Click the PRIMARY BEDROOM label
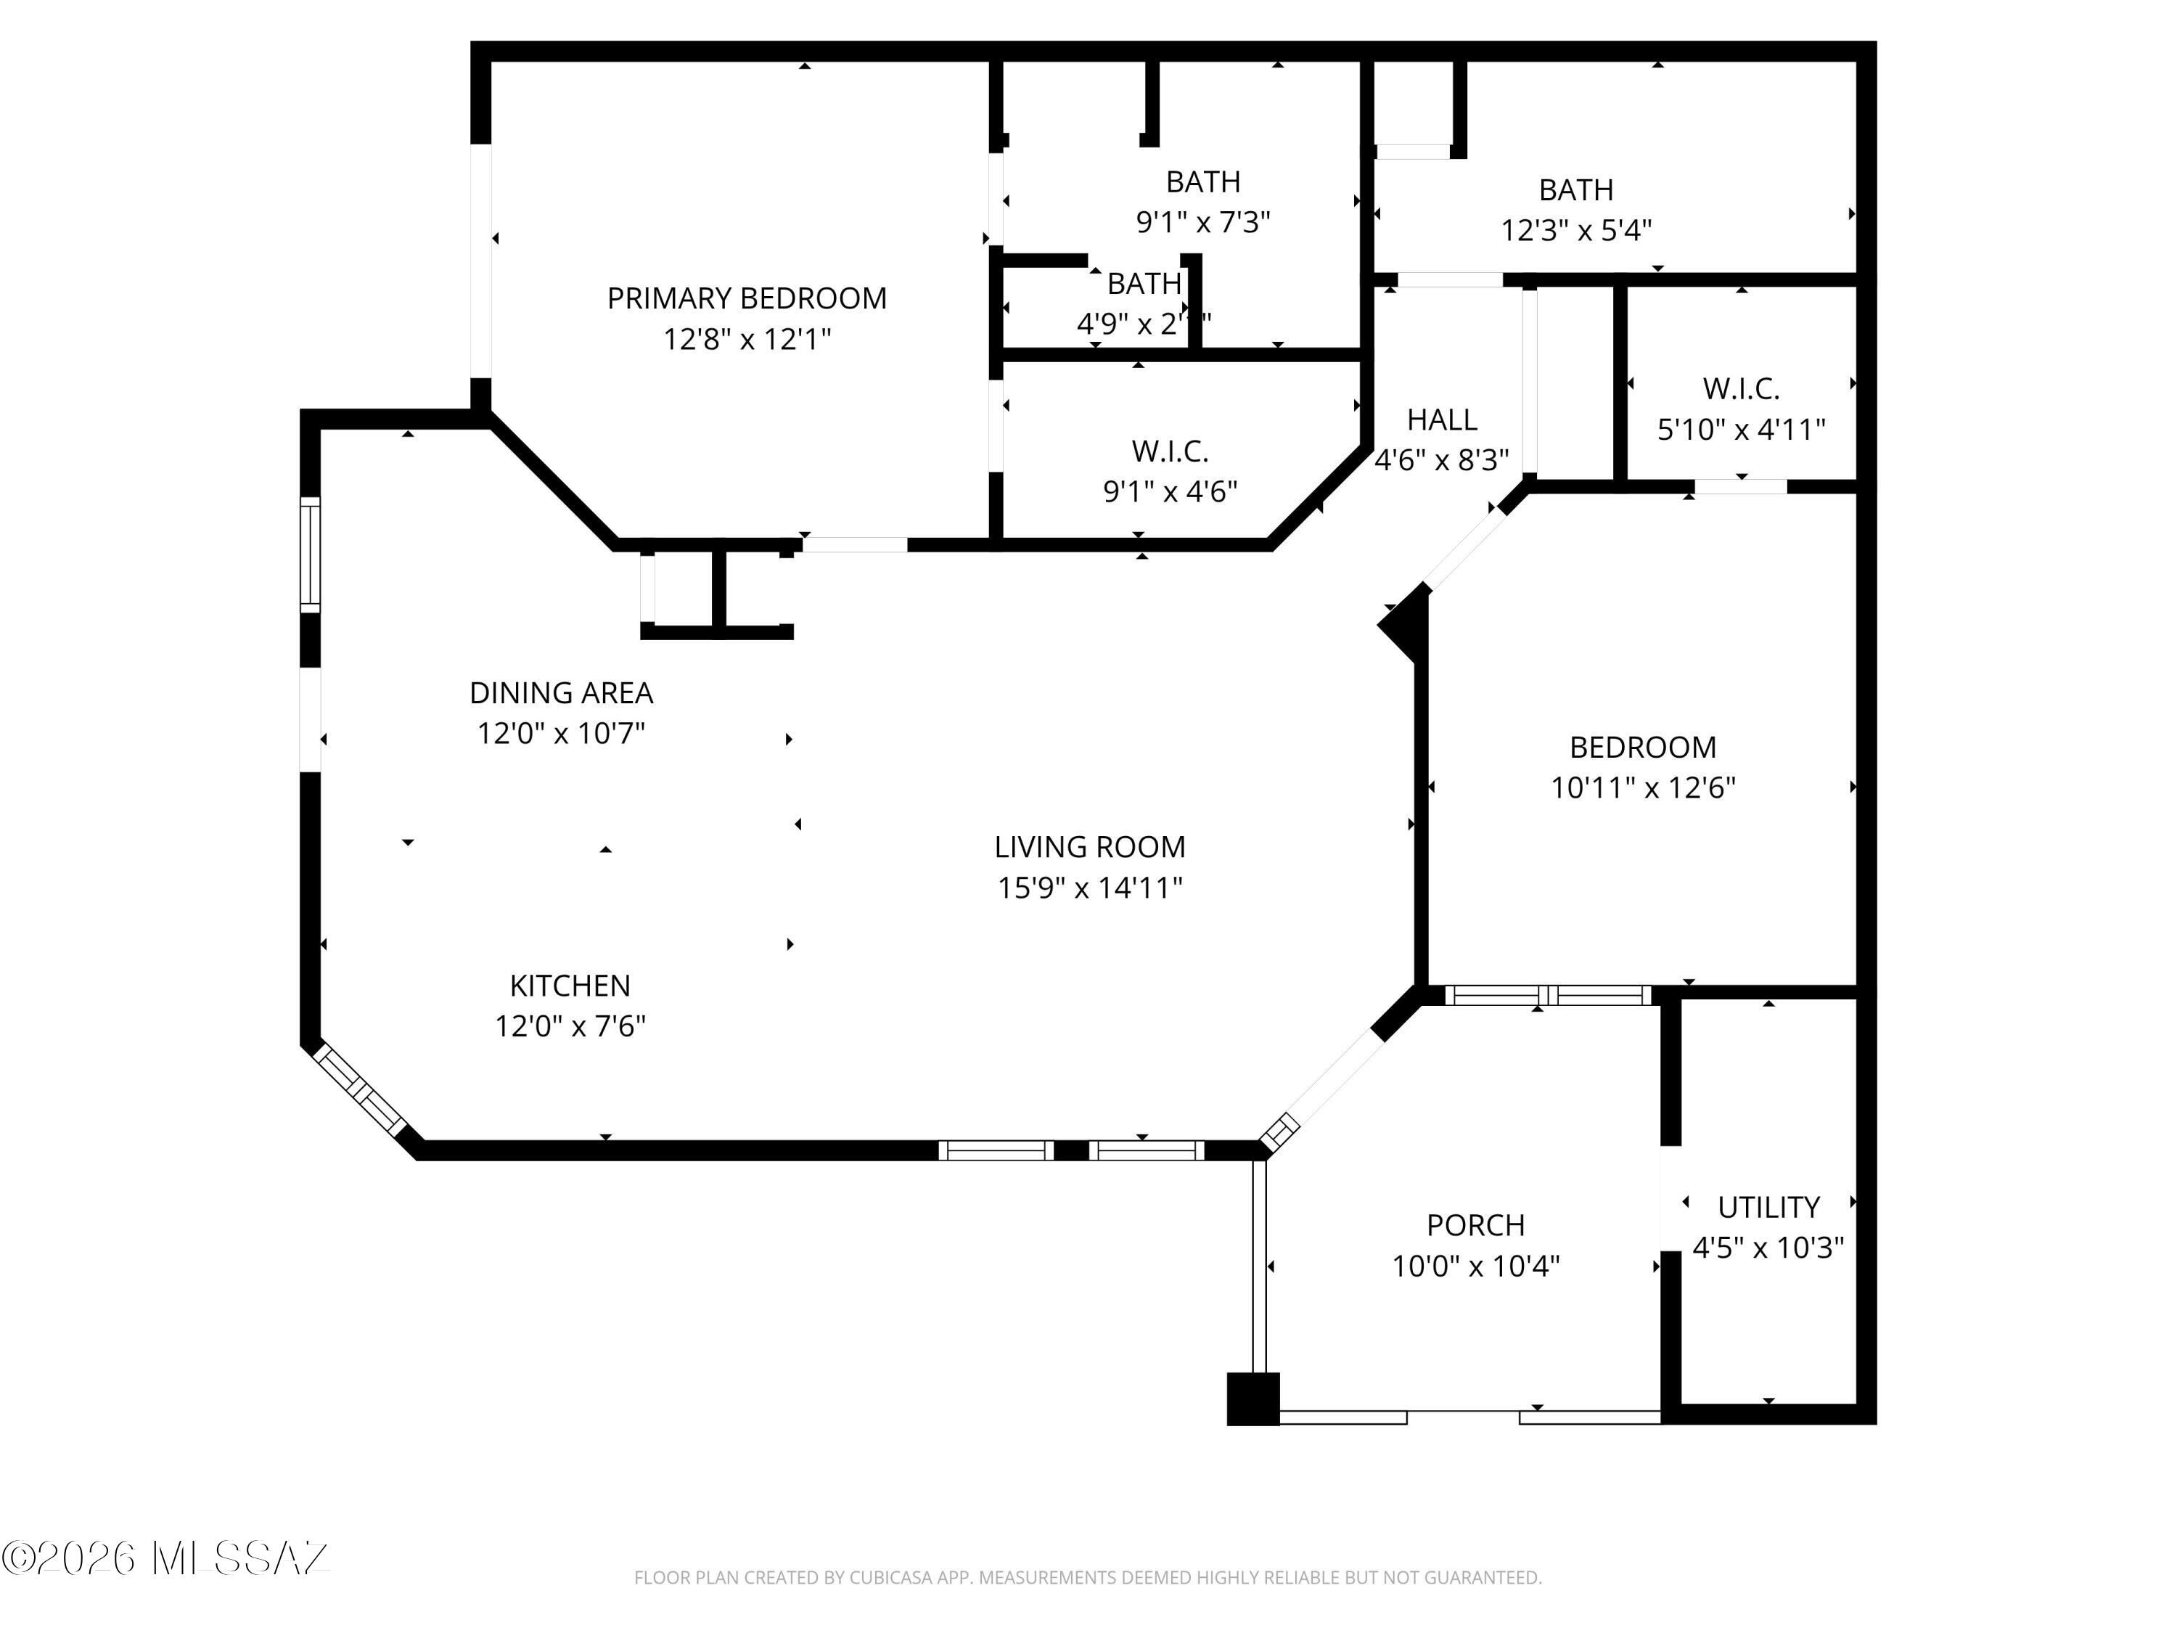(746, 298)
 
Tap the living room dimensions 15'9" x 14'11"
(1089, 888)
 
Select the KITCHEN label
(570, 986)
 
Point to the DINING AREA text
(561, 693)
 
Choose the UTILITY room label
(1768, 1207)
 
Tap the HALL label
(1441, 420)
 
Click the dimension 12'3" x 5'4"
(1575, 230)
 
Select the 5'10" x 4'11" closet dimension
(1741, 429)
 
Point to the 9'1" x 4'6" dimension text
(1171, 491)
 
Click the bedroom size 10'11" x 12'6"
(1643, 787)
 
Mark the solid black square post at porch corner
(1253, 1399)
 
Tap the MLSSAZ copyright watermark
(165, 1558)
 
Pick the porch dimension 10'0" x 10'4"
(1475, 1266)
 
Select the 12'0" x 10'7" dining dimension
(561, 733)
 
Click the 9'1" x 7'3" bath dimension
(1202, 223)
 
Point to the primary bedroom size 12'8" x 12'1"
(746, 340)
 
